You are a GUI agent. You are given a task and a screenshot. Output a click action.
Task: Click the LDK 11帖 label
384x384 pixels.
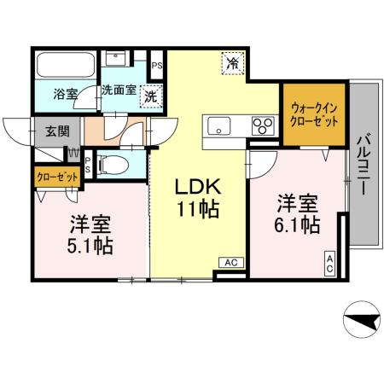[199, 197]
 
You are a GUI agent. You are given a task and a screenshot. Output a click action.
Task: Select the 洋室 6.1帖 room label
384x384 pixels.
[297, 215]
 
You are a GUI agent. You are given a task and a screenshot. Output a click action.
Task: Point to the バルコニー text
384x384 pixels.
[364, 164]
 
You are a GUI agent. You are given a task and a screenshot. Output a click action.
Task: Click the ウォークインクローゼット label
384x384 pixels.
[313, 113]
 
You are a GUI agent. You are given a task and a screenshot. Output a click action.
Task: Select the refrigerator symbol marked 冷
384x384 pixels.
[233, 62]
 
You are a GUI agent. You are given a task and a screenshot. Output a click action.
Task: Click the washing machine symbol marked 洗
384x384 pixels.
[151, 96]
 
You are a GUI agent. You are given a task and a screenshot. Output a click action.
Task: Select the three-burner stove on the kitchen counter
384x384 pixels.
[260, 127]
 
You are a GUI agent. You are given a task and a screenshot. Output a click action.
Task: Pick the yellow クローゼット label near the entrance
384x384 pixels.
[57, 177]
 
